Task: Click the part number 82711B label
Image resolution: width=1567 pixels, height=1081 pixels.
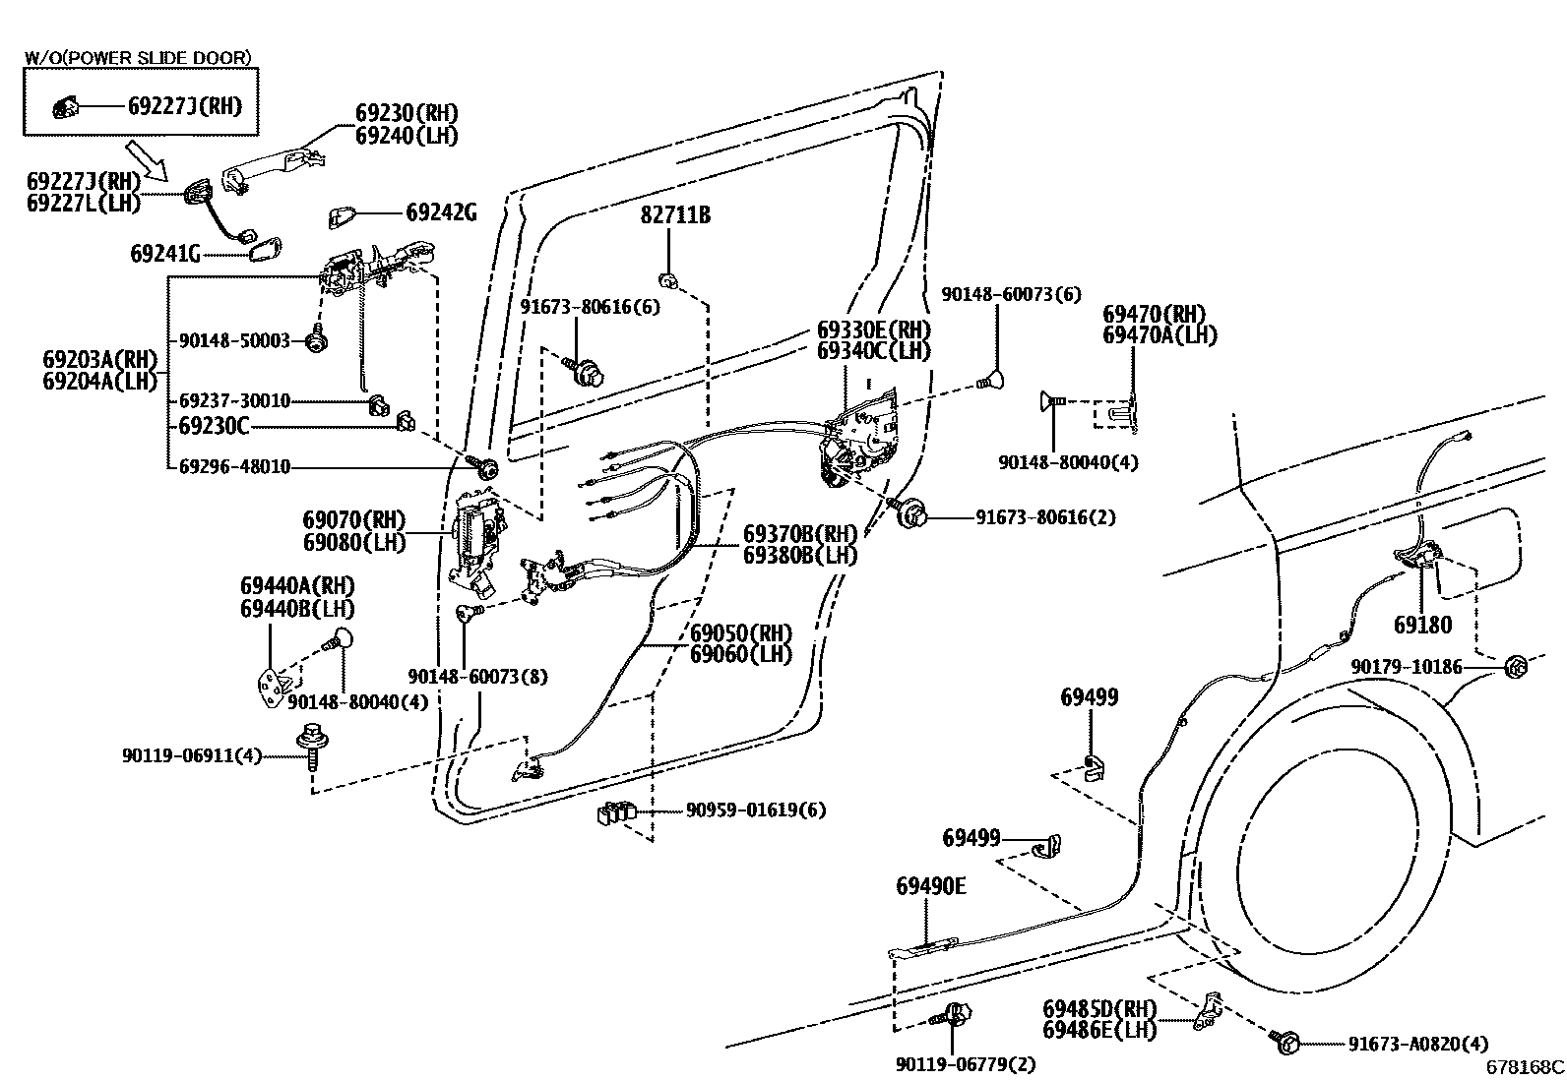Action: (x=675, y=214)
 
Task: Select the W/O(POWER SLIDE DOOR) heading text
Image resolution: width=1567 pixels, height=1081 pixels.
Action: (x=138, y=58)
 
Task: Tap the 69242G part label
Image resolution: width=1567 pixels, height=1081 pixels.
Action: (x=441, y=211)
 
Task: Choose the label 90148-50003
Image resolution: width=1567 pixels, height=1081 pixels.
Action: (x=234, y=340)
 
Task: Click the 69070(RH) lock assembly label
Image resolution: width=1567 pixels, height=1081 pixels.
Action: (x=353, y=519)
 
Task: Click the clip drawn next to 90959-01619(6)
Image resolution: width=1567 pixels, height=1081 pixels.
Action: (x=615, y=813)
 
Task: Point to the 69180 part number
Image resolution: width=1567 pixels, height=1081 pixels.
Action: (x=1422, y=625)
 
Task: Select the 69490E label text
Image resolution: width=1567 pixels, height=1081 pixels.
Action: (x=930, y=886)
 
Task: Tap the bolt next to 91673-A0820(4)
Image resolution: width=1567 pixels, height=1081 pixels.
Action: (x=1287, y=1041)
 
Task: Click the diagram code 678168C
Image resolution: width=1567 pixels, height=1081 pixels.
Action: (x=1525, y=1066)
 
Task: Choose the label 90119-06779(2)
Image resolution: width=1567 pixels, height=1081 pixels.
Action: (x=966, y=1063)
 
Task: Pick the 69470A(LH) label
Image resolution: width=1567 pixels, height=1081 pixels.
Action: (x=1160, y=335)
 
